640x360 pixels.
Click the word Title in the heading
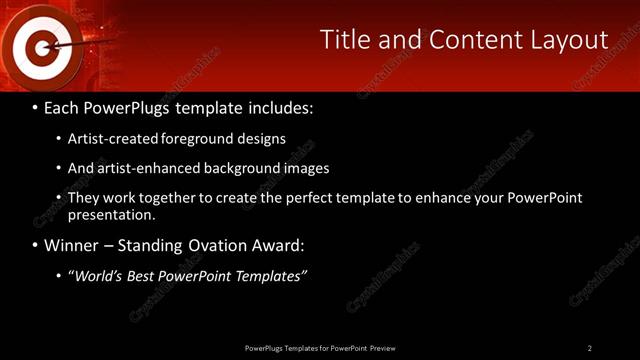343,40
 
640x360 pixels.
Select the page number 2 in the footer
590,347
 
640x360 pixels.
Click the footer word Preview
382,347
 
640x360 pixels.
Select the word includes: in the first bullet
277,107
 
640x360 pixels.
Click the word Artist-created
112,139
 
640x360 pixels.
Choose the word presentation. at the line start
112,214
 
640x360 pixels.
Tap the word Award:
280,245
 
